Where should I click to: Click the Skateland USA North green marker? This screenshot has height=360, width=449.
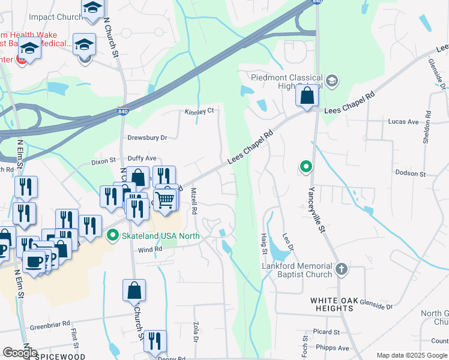click(x=112, y=236)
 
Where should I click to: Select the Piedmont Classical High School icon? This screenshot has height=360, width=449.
click(x=331, y=80)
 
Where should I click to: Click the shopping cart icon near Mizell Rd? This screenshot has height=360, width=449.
click(x=165, y=199)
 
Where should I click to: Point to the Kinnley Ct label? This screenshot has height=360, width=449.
click(x=199, y=112)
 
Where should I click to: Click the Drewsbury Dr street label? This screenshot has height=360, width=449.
click(x=147, y=137)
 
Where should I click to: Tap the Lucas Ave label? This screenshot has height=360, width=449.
click(x=403, y=122)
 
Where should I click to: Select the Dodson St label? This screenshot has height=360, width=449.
click(x=411, y=173)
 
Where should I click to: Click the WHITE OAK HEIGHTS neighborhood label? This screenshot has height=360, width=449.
click(x=332, y=304)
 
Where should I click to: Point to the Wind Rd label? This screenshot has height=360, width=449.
click(x=150, y=249)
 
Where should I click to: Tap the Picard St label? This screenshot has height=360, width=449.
click(x=327, y=332)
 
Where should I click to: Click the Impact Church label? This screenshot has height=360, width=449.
click(x=55, y=17)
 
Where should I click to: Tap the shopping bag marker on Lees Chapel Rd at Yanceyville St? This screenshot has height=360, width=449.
click(x=307, y=96)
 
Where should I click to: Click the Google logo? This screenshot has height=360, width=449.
click(x=20, y=353)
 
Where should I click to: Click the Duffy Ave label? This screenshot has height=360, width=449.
click(x=142, y=158)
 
